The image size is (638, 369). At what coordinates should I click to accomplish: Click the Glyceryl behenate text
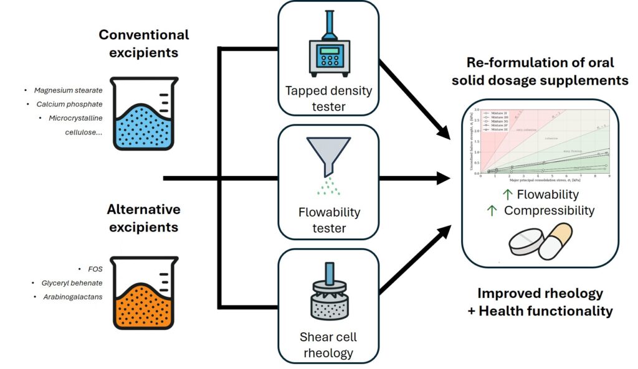coord(69,283)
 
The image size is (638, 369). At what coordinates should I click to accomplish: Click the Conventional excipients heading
coord(144,43)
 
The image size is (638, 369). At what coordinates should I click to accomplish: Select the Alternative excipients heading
coord(144,218)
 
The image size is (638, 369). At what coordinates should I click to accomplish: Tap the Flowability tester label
coord(329,220)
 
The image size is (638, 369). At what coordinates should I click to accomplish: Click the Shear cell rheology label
coord(329,345)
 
